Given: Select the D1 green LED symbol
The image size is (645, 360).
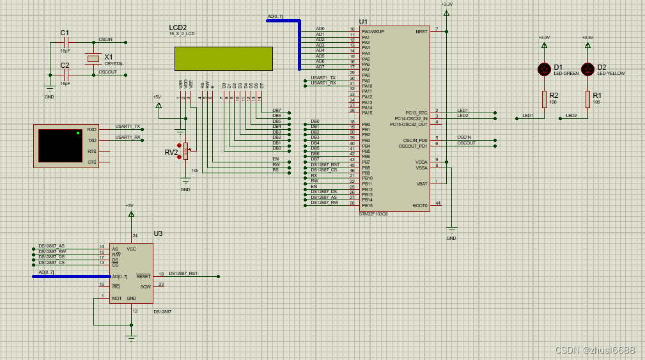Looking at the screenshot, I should pyautogui.click(x=545, y=68).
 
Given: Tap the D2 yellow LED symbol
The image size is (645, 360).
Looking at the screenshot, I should pyautogui.click(x=587, y=68).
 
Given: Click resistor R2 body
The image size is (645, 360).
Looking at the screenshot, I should pyautogui.click(x=545, y=98).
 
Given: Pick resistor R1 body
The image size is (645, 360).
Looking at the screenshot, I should pyautogui.click(x=587, y=98).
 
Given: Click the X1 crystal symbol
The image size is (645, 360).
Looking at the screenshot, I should pyautogui.click(x=94, y=59).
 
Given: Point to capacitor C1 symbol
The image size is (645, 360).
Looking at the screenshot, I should pyautogui.click(x=65, y=43).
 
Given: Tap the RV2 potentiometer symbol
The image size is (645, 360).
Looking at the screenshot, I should pyautogui.click(x=185, y=151).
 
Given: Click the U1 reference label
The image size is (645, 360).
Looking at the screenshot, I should pyautogui.click(x=364, y=22).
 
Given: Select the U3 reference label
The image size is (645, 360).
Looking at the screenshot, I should pyautogui.click(x=158, y=233).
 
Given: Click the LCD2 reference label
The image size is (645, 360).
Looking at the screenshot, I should pyautogui.click(x=178, y=27).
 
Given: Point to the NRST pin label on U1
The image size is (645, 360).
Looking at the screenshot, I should pyautogui.click(x=421, y=31).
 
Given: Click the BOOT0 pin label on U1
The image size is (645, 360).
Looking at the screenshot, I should pyautogui.click(x=420, y=205).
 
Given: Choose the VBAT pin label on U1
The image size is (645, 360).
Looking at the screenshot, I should pyautogui.click(x=421, y=184).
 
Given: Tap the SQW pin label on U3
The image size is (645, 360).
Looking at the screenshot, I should pyautogui.click(x=146, y=286).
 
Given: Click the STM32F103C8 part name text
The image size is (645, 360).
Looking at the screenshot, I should pyautogui.click(x=373, y=214).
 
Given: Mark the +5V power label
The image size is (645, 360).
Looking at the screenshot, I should pyautogui.click(x=157, y=97).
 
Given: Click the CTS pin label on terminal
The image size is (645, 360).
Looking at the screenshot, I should pyautogui.click(x=92, y=162).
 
